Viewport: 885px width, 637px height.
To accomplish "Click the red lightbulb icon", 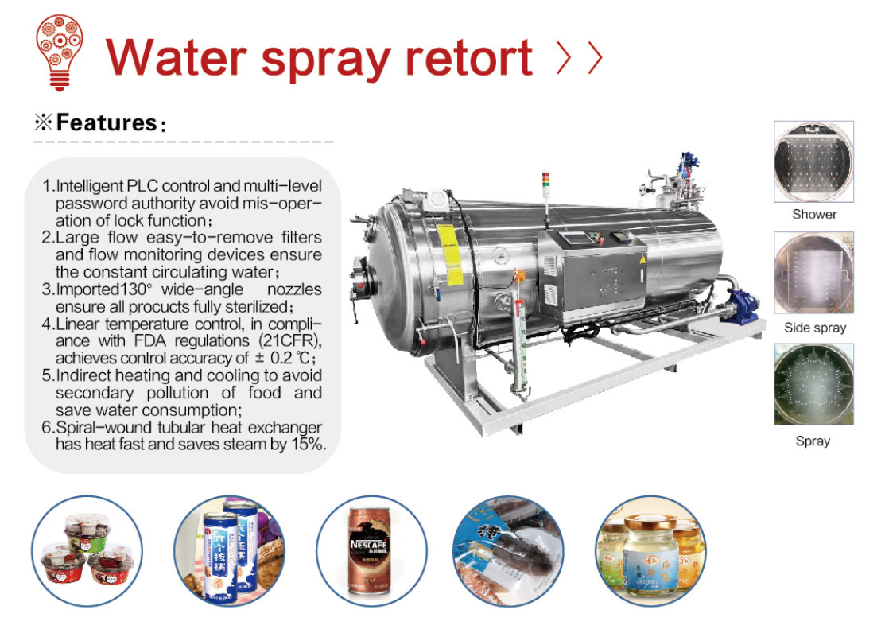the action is coord(60,52).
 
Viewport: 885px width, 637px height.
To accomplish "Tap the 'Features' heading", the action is coord(107,122).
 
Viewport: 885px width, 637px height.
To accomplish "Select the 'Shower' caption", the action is coord(814,214).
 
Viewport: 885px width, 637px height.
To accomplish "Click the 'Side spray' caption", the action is coord(815,328).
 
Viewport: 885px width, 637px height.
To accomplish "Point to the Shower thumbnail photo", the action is coord(814,161).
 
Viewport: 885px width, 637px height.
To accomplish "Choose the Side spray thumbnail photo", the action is coord(814,273).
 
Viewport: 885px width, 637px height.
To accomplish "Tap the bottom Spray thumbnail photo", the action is coord(814,384).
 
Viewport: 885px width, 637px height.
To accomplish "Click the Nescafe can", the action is coord(369,550).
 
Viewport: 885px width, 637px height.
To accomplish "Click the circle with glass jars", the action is coord(651,550).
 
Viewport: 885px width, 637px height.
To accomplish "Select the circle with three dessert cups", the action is coord(87,550).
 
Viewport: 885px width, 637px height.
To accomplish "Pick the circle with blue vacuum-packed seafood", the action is coord(509,550).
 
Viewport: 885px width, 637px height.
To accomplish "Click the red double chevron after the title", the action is coord(580,57).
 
